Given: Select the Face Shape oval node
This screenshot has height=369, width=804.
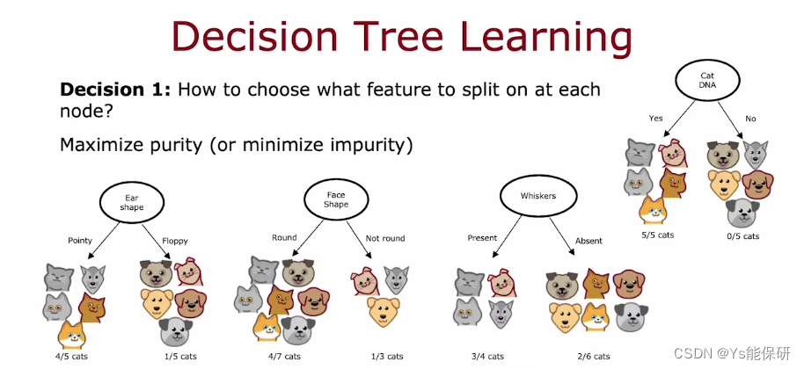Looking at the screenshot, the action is (x=336, y=199).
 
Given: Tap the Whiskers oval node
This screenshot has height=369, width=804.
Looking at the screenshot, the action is (x=538, y=196).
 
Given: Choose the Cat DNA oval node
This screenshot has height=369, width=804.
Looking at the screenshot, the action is (x=707, y=80).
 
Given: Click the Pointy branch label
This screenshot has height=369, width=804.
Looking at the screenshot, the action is (x=80, y=240).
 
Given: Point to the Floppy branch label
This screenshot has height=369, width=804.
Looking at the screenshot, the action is (x=175, y=241).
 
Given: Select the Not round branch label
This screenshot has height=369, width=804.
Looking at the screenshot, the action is (x=385, y=238).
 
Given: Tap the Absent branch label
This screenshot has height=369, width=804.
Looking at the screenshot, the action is (x=588, y=241).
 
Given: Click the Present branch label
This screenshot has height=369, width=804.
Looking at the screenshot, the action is (x=482, y=238).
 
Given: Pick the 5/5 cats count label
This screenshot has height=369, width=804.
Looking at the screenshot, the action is (x=657, y=235).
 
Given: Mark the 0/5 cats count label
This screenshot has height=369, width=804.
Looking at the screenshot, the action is (x=742, y=236).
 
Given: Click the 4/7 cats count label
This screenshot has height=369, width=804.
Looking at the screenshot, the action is (x=284, y=356).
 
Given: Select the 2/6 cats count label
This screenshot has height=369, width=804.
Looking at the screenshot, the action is (x=593, y=356).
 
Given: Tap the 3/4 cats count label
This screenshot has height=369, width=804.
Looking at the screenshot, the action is (x=487, y=356).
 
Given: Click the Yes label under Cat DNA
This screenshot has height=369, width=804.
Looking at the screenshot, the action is (x=656, y=119).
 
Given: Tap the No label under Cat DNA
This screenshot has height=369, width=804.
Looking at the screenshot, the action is (x=750, y=119).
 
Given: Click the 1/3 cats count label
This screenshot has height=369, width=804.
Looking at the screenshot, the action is (x=387, y=356).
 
